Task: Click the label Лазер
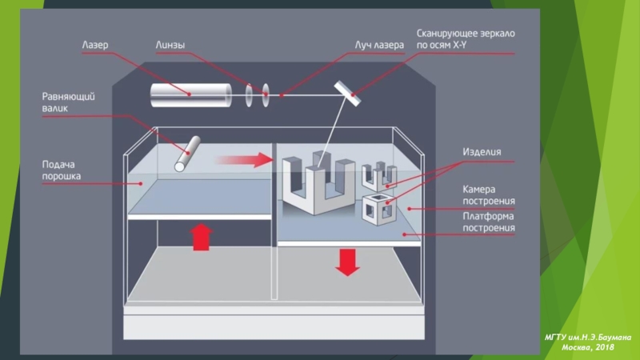[95, 45]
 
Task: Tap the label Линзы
[170, 45]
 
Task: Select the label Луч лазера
[379, 45]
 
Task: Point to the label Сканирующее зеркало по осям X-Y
[466, 39]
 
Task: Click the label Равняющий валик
[68, 102]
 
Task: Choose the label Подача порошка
[62, 170]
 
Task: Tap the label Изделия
[482, 152]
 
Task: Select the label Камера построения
[489, 195]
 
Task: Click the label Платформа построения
[489, 222]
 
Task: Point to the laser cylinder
[190, 95]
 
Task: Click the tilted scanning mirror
[347, 94]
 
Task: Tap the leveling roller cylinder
[187, 154]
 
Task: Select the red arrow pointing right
[244, 159]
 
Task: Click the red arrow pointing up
[202, 237]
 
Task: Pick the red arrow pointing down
[347, 262]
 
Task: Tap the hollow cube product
[379, 210]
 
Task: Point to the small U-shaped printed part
[379, 176]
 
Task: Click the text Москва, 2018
[588, 347]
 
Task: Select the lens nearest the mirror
[266, 95]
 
